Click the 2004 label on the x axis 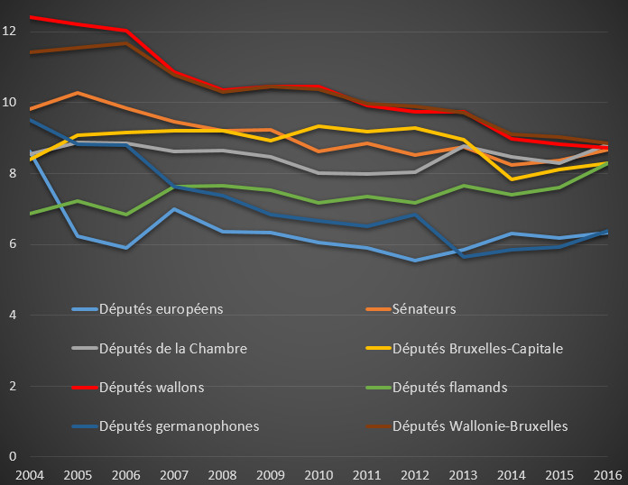point(30,472)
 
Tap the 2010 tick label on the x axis point(318,472)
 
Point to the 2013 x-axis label point(461,472)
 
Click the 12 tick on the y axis point(10,32)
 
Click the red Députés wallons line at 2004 point(31,17)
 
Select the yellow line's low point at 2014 point(510,178)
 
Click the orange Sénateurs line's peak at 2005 point(78,93)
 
